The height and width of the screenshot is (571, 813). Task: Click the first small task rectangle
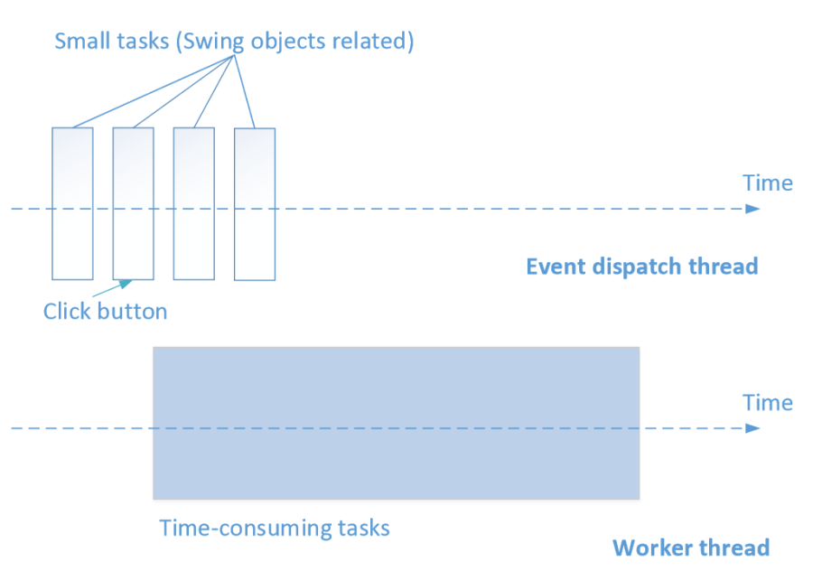(x=72, y=203)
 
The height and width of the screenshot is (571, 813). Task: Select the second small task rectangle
(x=133, y=203)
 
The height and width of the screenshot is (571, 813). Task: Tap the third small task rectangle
(x=193, y=203)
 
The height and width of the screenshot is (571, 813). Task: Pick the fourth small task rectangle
(x=254, y=204)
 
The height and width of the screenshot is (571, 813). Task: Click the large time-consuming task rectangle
(x=396, y=423)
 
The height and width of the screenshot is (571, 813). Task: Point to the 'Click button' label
(x=106, y=312)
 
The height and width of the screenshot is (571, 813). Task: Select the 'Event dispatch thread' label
(x=641, y=267)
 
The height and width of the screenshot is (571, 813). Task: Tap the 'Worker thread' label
(x=691, y=548)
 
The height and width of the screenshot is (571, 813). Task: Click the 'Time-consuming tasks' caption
(x=275, y=527)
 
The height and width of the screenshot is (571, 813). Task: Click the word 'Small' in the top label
(x=79, y=42)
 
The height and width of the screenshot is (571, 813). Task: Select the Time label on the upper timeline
(x=768, y=183)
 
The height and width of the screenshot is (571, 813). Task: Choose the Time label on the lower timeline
(x=768, y=403)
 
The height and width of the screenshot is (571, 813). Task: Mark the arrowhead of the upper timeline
(x=752, y=209)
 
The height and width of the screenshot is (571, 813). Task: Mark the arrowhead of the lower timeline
(x=752, y=428)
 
